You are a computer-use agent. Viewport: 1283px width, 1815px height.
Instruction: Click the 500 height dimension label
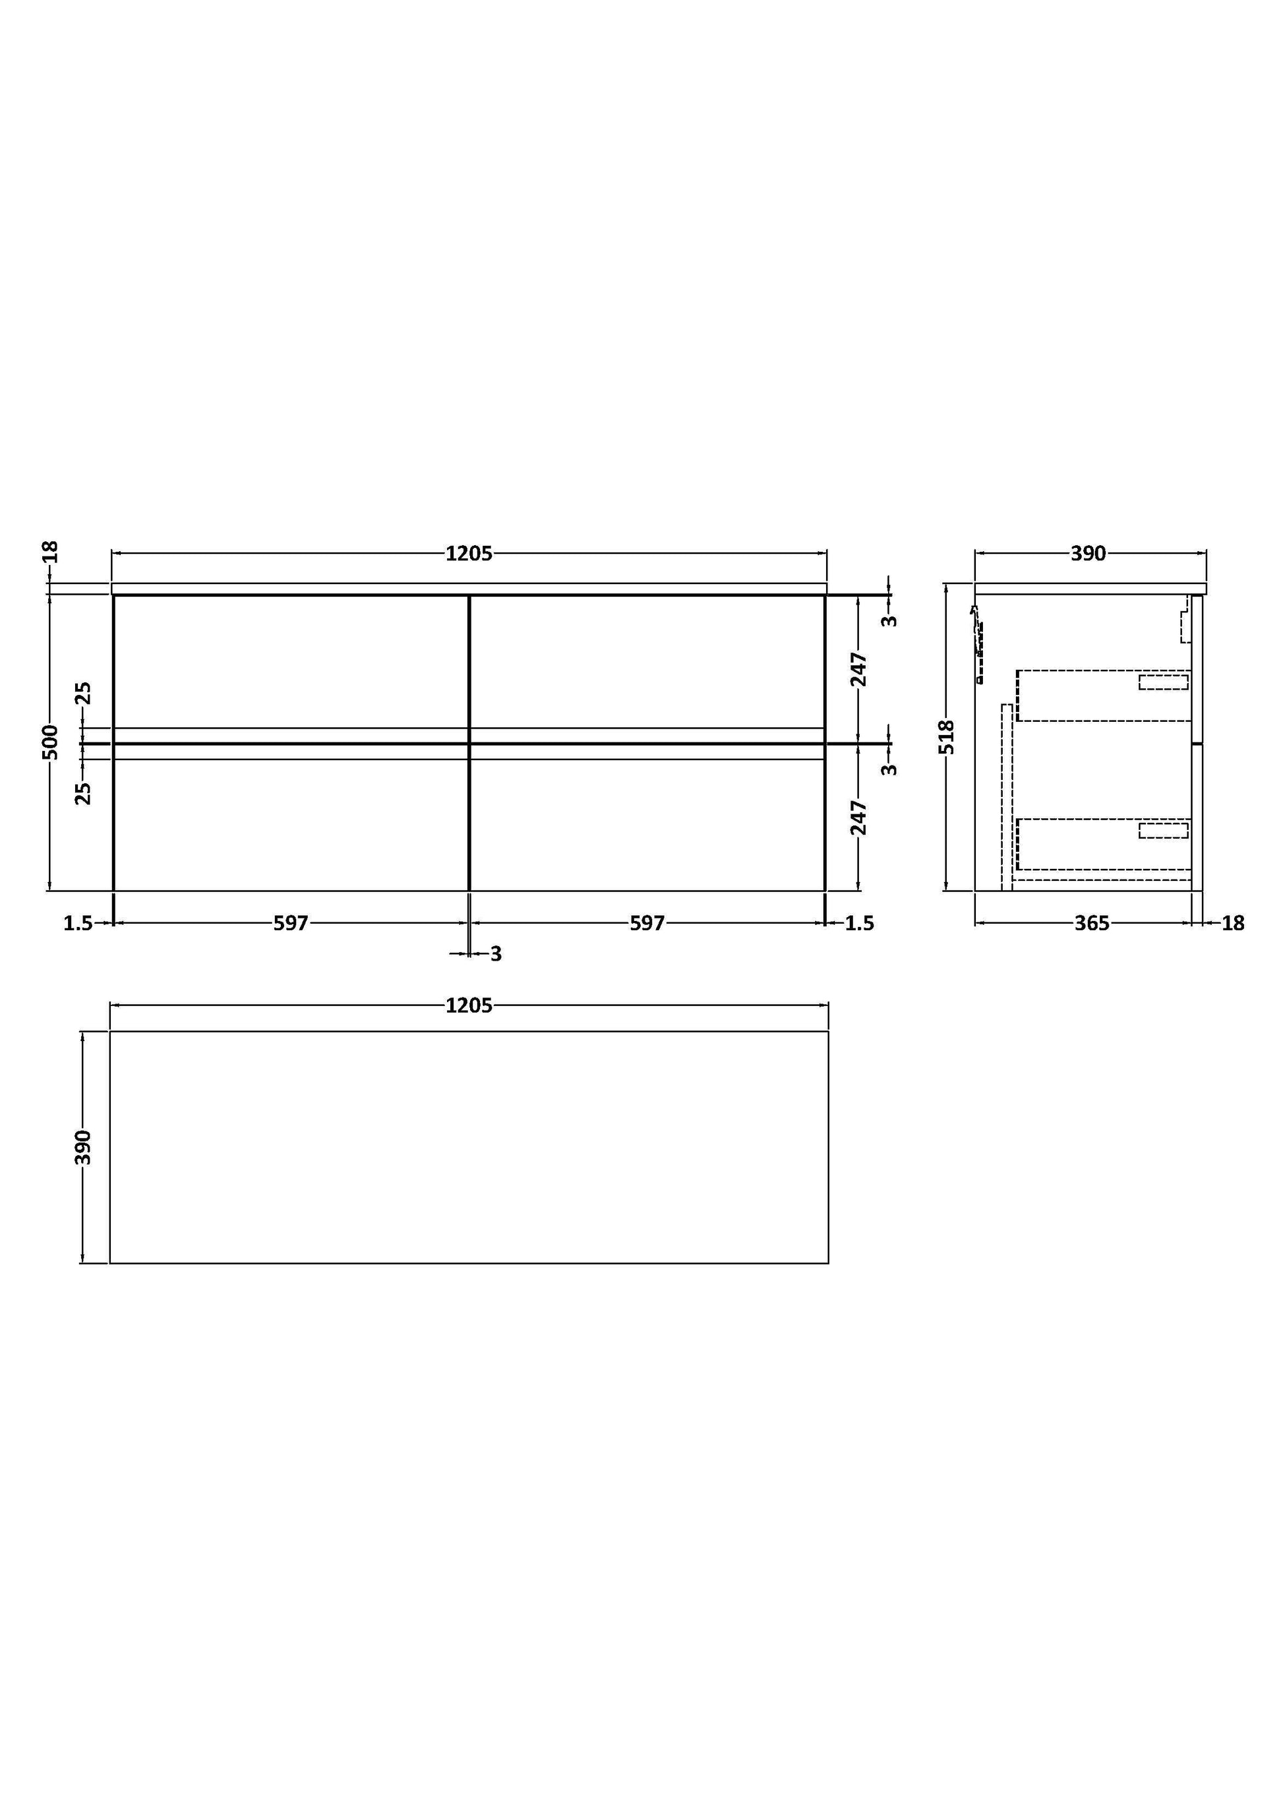click(x=50, y=742)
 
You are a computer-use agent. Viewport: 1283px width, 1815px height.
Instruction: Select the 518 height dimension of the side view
click(x=946, y=737)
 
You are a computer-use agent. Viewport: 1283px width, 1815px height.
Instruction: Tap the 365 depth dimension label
click(x=1092, y=922)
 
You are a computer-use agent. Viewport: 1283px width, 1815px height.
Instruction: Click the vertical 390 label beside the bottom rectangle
click(x=83, y=1147)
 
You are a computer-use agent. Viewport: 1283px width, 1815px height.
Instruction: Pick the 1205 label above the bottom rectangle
click(x=469, y=1005)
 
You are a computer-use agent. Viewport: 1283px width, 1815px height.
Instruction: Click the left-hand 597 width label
click(x=291, y=922)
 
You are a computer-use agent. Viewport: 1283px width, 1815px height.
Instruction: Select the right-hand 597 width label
click(x=647, y=922)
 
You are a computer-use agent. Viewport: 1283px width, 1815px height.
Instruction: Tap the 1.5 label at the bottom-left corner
click(x=78, y=922)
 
